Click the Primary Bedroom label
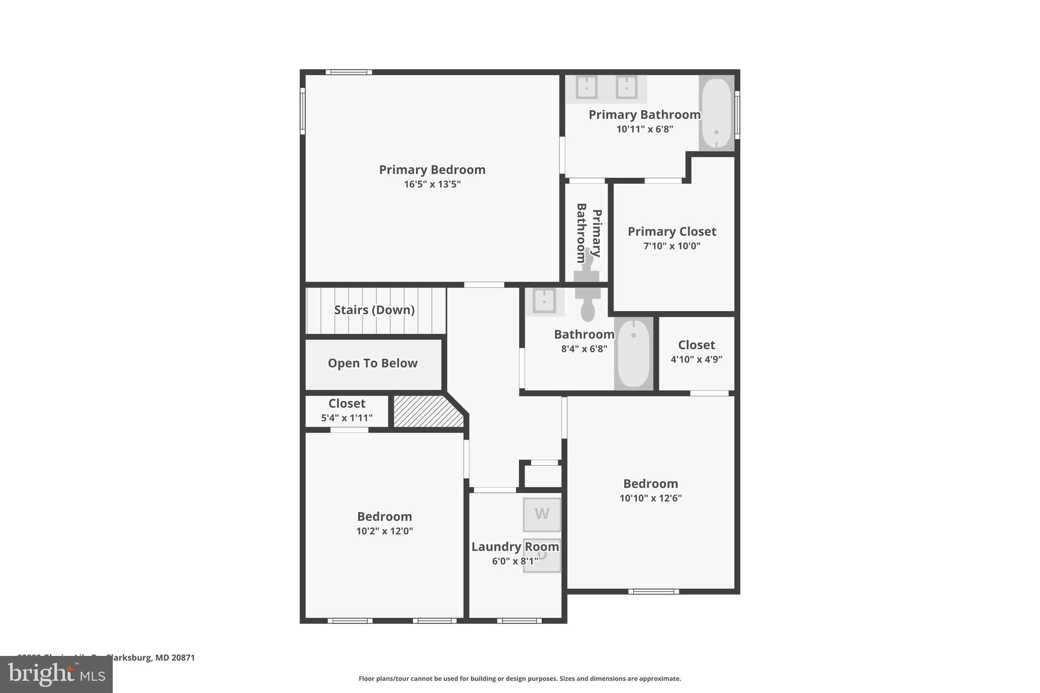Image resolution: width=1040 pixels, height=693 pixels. (x=432, y=170)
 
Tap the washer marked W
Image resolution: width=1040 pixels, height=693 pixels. (x=542, y=514)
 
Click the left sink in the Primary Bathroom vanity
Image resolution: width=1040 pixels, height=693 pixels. (x=587, y=87)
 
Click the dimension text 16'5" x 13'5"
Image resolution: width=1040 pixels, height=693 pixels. (x=432, y=184)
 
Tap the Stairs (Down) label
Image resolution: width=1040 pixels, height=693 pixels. (x=374, y=310)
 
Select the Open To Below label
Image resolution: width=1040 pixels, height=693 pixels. (x=372, y=363)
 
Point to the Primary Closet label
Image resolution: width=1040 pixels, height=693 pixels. (x=672, y=232)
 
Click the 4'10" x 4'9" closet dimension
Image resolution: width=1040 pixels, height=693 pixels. (x=696, y=359)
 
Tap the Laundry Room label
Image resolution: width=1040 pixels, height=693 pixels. (x=515, y=547)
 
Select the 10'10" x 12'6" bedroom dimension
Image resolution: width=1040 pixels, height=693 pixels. (x=651, y=498)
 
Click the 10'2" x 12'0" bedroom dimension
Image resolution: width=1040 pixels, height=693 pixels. (x=384, y=531)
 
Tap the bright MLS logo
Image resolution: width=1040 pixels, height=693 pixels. (x=56, y=674)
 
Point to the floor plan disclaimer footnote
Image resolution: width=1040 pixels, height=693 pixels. (x=519, y=678)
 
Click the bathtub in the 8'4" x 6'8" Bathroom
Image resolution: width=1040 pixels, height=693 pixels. (x=633, y=353)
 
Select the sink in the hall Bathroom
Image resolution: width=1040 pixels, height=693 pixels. (x=544, y=301)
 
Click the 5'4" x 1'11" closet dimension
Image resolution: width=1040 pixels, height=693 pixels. (x=347, y=418)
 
